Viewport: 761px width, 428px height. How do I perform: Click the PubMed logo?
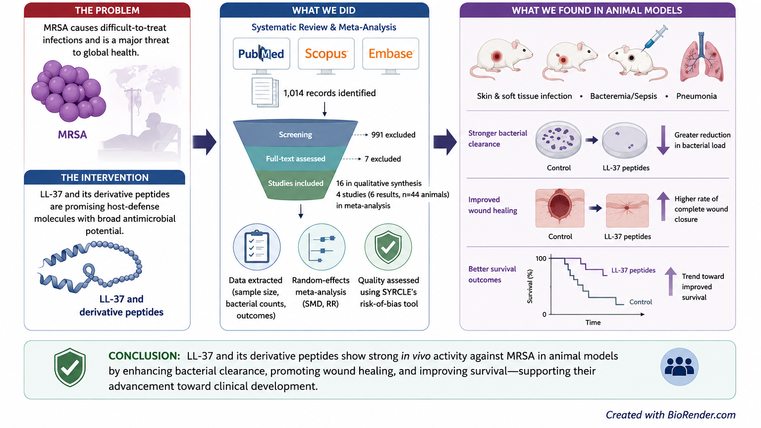pos(261,53)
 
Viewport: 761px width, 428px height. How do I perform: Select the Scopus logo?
pos(326,53)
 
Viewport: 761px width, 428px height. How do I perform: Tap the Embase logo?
pos(391,53)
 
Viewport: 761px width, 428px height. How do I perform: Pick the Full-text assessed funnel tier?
pos(295,159)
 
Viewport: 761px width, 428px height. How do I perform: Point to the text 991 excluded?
pos(393,135)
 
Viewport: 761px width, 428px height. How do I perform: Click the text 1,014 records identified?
pos(329,93)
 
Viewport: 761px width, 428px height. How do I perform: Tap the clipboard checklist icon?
pos(257,247)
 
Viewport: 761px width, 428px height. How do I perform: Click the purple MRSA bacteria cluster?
pos(68,91)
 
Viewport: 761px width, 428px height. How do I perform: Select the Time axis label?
pos(593,322)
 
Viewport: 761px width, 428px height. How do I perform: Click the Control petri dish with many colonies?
pos(558,140)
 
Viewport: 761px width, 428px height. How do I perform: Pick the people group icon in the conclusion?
pos(679,367)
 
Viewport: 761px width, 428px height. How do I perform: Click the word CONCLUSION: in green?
pos(144,356)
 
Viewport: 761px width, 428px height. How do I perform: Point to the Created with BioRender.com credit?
pos(671,415)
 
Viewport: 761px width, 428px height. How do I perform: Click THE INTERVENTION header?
pos(105,177)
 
